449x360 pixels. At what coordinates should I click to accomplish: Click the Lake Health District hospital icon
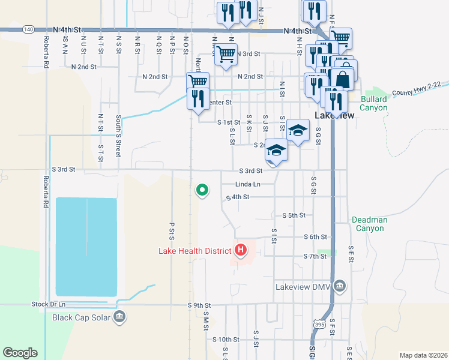pyautogui.click(x=241, y=250)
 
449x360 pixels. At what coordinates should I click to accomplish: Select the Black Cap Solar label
pyautogui.click(x=81, y=317)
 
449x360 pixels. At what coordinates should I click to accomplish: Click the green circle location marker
pyautogui.click(x=202, y=191)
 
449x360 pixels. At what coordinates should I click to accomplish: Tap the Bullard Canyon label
pyautogui.click(x=374, y=103)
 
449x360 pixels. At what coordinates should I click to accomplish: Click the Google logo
pyautogui.click(x=20, y=353)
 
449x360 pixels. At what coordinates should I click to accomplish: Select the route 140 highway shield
pyautogui.click(x=28, y=29)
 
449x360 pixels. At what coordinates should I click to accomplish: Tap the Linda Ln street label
pyautogui.click(x=248, y=184)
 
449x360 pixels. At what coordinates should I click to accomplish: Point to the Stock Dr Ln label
pyautogui.click(x=47, y=305)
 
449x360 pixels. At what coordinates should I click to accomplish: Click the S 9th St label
pyautogui.click(x=199, y=305)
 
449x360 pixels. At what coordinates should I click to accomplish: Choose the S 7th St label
pyautogui.click(x=315, y=256)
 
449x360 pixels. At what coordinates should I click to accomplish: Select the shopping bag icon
pyautogui.click(x=342, y=79)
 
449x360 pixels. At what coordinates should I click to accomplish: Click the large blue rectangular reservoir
pyautogui.click(x=86, y=246)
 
